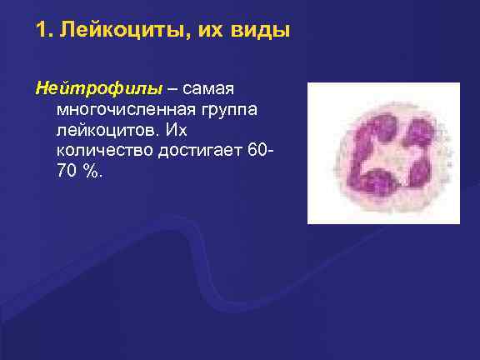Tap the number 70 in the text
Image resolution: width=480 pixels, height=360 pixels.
(x=67, y=174)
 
